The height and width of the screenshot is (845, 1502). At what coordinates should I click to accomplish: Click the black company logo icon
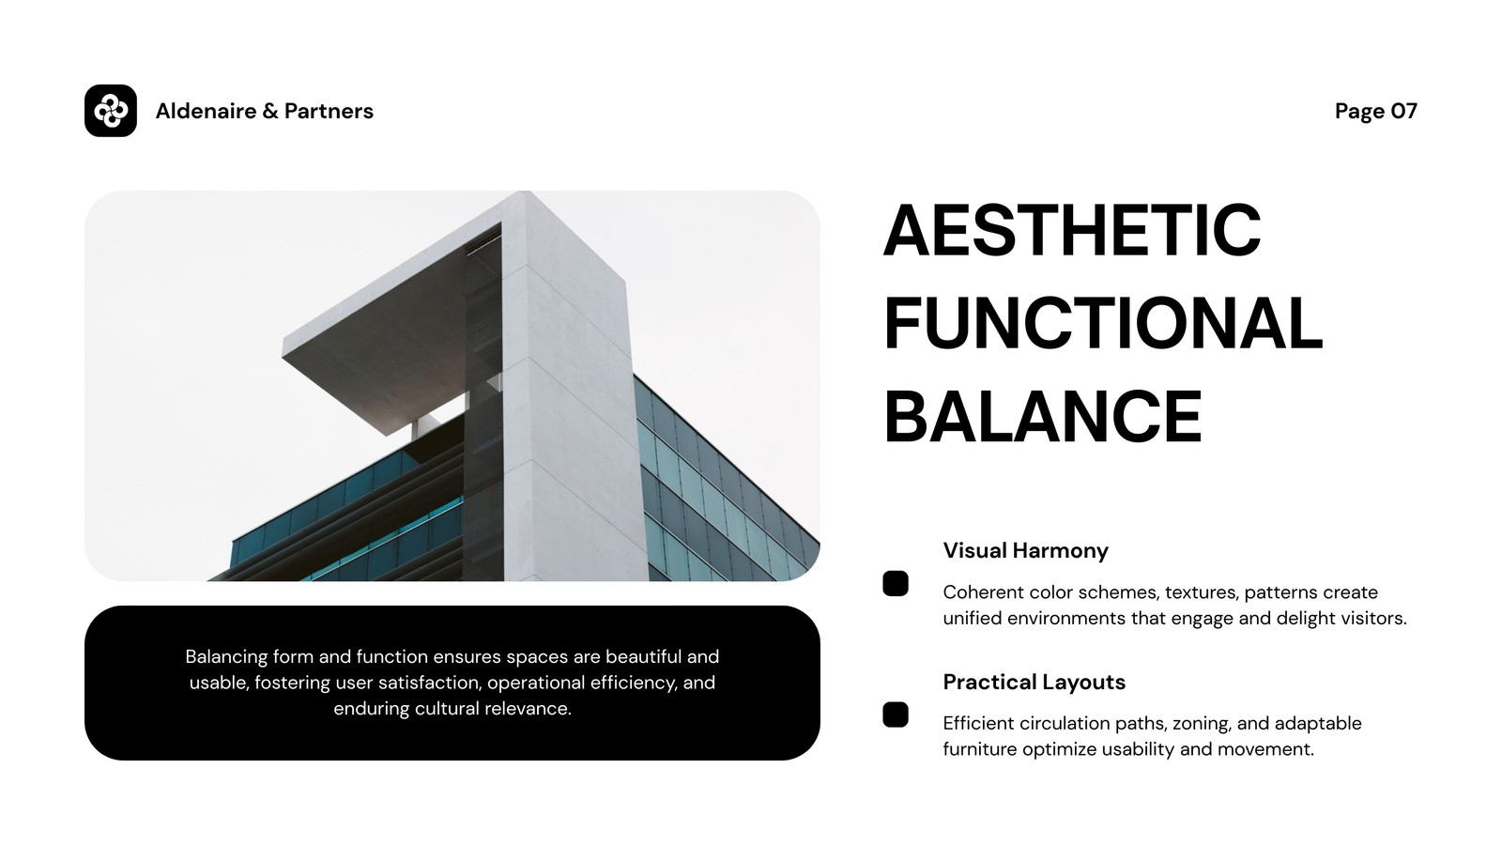(x=111, y=111)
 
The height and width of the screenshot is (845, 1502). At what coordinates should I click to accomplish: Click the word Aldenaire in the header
(x=206, y=111)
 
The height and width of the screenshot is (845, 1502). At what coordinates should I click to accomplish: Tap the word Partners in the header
(x=329, y=111)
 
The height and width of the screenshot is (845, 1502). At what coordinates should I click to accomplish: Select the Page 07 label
(x=1376, y=111)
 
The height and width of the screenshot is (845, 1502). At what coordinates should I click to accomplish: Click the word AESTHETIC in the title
(x=1072, y=230)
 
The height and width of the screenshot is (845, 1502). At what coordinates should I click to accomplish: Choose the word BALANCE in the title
(x=1043, y=417)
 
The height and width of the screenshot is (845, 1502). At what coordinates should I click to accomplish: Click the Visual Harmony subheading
(x=1025, y=550)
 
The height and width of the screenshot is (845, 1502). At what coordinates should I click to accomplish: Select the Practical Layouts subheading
(x=1034, y=682)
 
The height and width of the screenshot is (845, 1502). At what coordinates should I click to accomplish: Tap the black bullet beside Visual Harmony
(x=896, y=583)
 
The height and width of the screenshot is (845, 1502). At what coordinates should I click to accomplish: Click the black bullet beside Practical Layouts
(x=896, y=714)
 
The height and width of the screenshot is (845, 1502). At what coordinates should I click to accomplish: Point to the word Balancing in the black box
(x=226, y=656)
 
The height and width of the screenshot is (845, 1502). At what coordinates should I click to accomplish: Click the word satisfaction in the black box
(x=430, y=683)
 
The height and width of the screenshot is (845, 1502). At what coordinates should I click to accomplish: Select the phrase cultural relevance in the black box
(x=493, y=709)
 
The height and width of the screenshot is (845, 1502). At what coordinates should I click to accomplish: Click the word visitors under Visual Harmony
(x=1374, y=619)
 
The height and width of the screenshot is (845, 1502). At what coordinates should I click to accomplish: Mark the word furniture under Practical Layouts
(x=980, y=750)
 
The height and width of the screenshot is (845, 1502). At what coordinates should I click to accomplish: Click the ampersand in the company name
(x=270, y=112)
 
